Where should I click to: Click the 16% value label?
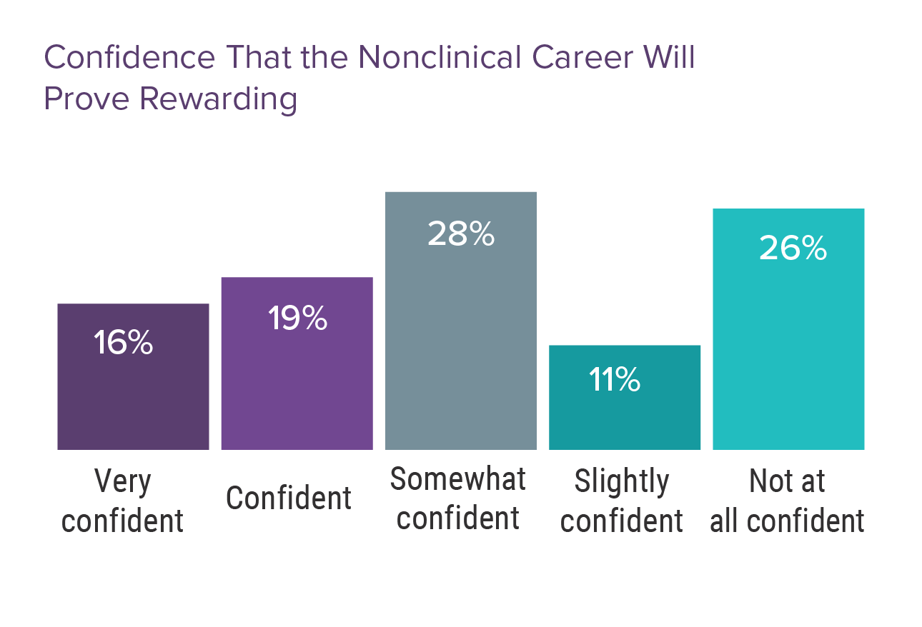(124, 343)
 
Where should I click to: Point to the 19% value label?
(297, 318)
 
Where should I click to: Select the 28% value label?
(461, 234)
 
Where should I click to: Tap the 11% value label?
(614, 380)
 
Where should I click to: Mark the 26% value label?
(793, 249)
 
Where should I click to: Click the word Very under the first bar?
(123, 482)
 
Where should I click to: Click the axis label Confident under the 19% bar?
(289, 498)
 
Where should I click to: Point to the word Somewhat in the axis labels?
(457, 479)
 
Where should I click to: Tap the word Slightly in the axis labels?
(622, 482)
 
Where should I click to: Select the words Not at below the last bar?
(787, 482)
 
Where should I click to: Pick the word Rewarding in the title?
(219, 99)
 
